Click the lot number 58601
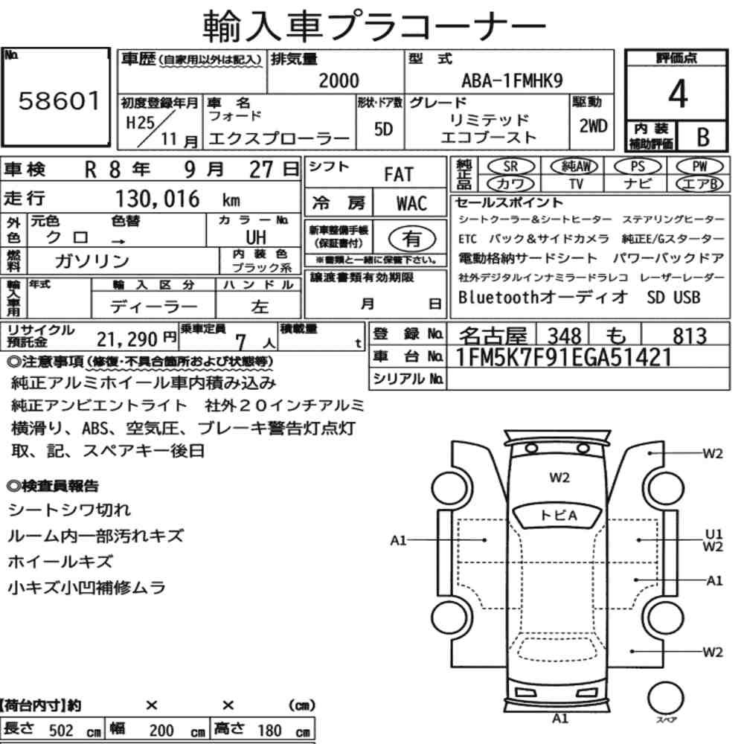[60, 101]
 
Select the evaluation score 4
[678, 94]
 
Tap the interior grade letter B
[703, 137]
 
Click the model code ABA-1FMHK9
[512, 81]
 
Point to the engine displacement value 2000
[339, 80]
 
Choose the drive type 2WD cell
[593, 126]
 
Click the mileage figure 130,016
[158, 199]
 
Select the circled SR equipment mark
[510, 167]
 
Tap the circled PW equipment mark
[699, 167]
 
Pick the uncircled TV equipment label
[576, 184]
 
